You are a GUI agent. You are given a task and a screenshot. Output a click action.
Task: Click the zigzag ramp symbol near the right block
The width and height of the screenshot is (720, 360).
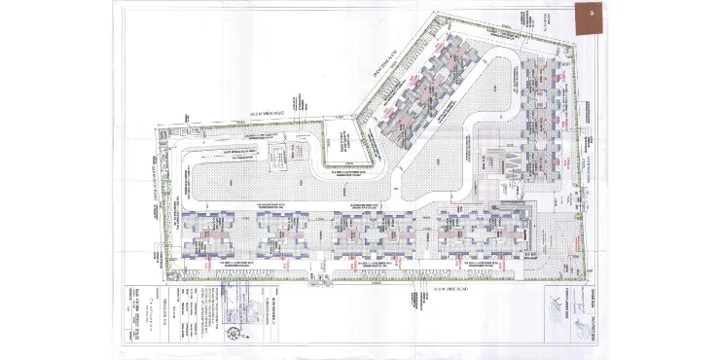508,166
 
